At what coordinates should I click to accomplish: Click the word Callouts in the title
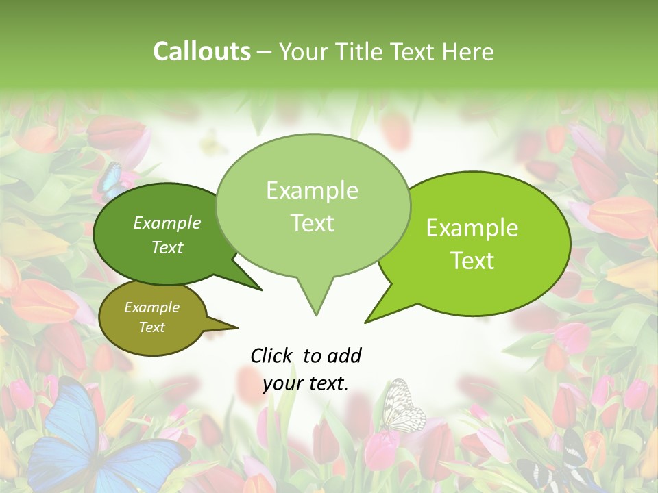[202, 51]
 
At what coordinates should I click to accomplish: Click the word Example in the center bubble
[312, 190]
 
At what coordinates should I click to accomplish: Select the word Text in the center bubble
[312, 223]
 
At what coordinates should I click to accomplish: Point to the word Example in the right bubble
[472, 228]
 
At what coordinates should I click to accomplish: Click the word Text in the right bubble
[473, 261]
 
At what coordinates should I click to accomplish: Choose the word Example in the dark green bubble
[167, 223]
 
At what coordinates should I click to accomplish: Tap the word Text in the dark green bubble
[167, 247]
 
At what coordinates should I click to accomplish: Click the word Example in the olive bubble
[151, 307]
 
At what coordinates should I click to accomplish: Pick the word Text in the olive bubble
[151, 327]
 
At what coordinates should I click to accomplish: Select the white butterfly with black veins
[402, 407]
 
